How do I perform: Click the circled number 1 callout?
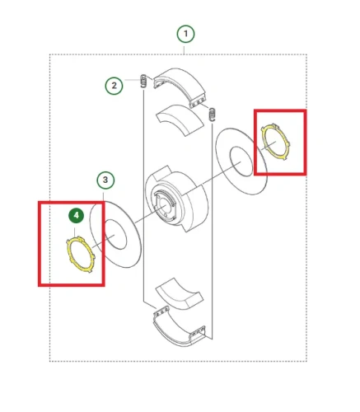point(185,34)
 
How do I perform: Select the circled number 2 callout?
point(114,86)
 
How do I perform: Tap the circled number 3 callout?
point(105,180)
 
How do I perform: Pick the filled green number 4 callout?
point(76,215)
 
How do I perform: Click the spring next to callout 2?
point(143,81)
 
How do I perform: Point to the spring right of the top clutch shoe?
point(213,114)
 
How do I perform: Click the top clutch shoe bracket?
point(180,87)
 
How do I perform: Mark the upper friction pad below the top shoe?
point(180,119)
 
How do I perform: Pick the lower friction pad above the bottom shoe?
point(180,294)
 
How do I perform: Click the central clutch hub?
point(176,199)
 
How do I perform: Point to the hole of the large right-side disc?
point(241,162)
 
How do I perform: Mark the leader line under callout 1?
point(185,49)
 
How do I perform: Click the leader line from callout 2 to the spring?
point(133,80)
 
